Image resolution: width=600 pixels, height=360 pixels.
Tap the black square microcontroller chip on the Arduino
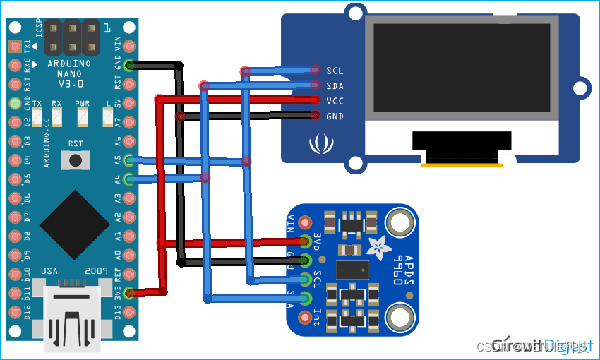(x=74, y=224)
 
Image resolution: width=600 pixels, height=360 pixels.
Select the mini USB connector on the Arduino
(x=74, y=318)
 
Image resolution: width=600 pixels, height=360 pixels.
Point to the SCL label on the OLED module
(x=335, y=71)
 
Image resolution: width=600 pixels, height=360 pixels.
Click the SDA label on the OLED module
(x=335, y=85)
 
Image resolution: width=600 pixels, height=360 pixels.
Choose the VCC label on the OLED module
(x=335, y=101)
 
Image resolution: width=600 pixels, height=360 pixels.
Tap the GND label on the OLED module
(x=335, y=116)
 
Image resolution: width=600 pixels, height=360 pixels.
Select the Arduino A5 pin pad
(x=128, y=160)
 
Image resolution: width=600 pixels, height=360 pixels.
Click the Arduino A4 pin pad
(x=128, y=179)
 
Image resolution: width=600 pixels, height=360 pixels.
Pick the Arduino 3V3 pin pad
(x=128, y=292)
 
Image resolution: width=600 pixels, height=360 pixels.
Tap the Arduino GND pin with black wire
(x=128, y=66)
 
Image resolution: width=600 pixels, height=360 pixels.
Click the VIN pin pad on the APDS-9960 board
(x=305, y=222)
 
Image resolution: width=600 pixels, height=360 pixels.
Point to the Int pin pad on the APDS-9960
(x=305, y=318)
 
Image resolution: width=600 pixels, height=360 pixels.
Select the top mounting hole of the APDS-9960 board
(x=400, y=225)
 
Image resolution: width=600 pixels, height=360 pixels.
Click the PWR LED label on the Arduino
(x=82, y=103)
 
